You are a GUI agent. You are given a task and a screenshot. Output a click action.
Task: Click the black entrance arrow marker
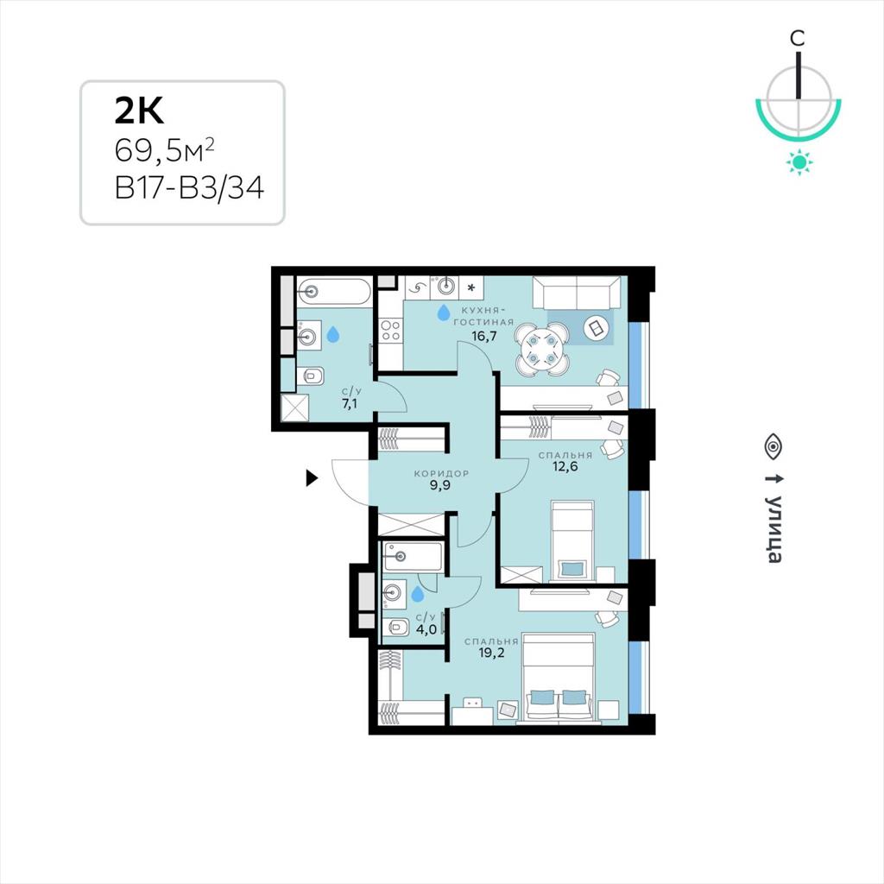[x=311, y=478]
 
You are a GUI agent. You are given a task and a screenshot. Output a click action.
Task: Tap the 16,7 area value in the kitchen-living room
[x=484, y=337]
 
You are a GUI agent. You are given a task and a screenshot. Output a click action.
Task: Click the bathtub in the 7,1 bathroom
[x=333, y=292]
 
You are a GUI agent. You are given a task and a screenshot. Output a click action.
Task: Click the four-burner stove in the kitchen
[x=391, y=331]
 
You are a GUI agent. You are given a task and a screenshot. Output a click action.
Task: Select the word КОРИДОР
[x=441, y=474]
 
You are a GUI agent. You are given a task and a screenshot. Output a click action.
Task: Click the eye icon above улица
[x=773, y=445]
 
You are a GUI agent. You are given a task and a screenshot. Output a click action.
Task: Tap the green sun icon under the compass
[x=799, y=162]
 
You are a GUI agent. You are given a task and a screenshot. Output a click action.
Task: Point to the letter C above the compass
[x=797, y=38]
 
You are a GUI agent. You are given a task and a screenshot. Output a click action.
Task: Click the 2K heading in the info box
[x=139, y=110]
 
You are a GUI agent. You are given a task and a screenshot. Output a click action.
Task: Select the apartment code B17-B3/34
[x=189, y=187]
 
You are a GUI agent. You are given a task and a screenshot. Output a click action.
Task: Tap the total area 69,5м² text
[x=164, y=149]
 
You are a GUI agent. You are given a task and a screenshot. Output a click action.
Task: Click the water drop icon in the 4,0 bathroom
[x=417, y=593]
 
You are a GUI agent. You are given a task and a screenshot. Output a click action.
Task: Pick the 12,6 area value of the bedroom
[x=565, y=465]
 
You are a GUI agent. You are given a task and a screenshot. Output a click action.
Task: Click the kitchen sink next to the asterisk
[x=445, y=287]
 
